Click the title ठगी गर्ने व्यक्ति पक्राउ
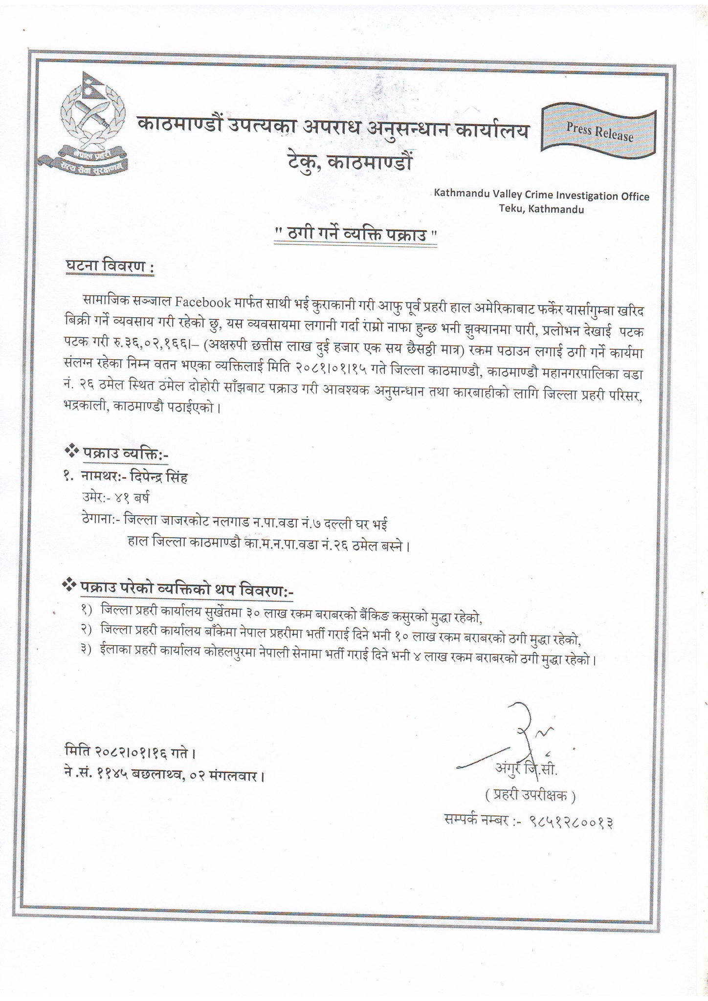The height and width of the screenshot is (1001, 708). coord(354,235)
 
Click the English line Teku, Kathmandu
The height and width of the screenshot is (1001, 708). coord(541,210)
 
